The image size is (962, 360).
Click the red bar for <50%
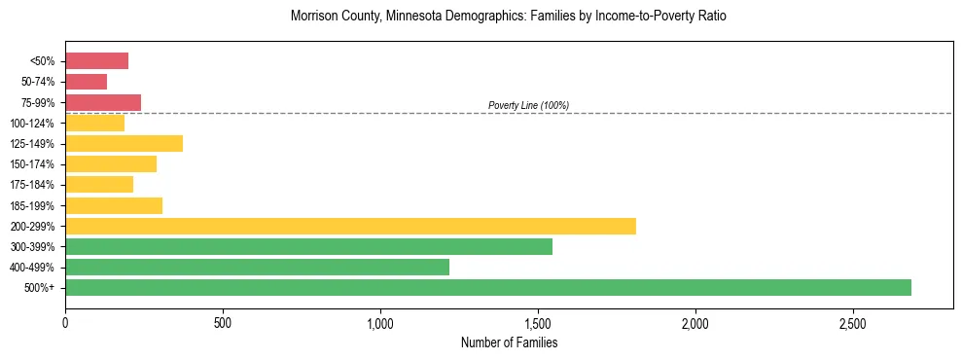[x=96, y=61]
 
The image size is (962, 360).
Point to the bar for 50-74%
[x=86, y=82]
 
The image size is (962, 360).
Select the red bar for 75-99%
[x=103, y=102]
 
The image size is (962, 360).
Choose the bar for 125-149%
[x=124, y=143]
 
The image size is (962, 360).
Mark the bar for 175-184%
[x=99, y=184]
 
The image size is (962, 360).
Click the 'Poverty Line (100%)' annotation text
[x=528, y=105]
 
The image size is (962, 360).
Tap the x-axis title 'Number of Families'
[x=509, y=342]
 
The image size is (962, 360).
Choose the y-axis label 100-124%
[x=33, y=124]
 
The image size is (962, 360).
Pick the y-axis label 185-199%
[x=33, y=205]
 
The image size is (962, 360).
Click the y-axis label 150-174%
[x=33, y=164]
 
